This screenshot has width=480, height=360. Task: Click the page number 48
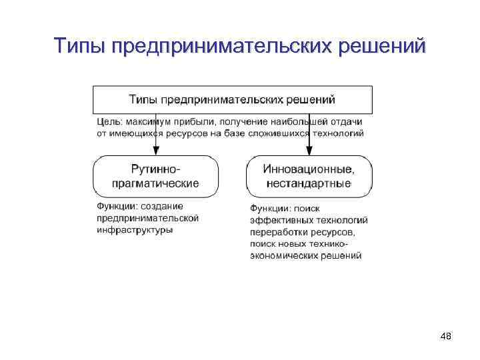tap(446, 337)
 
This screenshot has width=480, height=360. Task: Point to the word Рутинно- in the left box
tap(155, 169)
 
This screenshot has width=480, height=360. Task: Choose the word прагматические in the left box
tap(155, 183)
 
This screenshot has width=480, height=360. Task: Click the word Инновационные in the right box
tap(307, 169)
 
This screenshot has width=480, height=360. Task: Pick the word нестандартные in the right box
tap(309, 183)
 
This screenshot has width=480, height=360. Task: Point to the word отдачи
tap(346, 121)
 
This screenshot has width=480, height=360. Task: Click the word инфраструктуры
tap(135, 230)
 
